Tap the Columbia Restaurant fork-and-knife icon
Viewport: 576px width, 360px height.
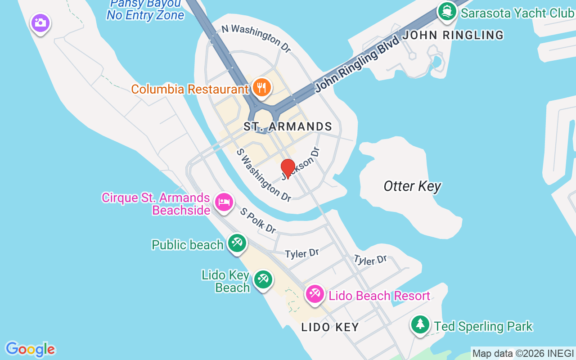[x=261, y=87]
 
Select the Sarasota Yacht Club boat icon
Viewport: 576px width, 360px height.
[x=447, y=12]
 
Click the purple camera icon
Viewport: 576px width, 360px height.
[x=40, y=22]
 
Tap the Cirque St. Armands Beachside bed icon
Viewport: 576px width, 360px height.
[x=224, y=202]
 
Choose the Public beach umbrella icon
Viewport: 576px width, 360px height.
[x=237, y=243]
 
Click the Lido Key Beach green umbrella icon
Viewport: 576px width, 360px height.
[x=263, y=279]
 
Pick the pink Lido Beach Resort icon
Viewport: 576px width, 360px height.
[x=315, y=294]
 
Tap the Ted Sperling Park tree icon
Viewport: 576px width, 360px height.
[x=420, y=324]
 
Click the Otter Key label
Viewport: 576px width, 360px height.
[x=412, y=186]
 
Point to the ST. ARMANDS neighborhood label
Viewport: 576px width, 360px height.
[x=288, y=126]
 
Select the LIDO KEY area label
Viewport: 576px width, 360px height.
[x=330, y=327]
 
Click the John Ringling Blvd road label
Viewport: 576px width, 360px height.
[x=357, y=63]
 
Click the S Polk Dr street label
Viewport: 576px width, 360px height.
[x=258, y=220]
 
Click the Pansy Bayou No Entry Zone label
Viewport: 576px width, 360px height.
[x=145, y=9]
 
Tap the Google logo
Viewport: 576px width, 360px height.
[x=30, y=349]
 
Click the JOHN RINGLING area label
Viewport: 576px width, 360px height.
[x=453, y=35]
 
